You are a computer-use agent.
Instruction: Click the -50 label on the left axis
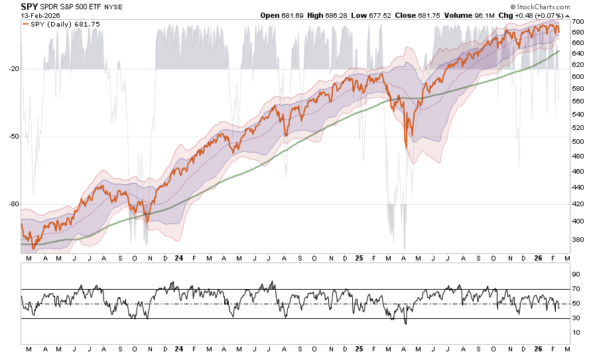tap(12, 137)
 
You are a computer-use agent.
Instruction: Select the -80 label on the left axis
tap(12, 204)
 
